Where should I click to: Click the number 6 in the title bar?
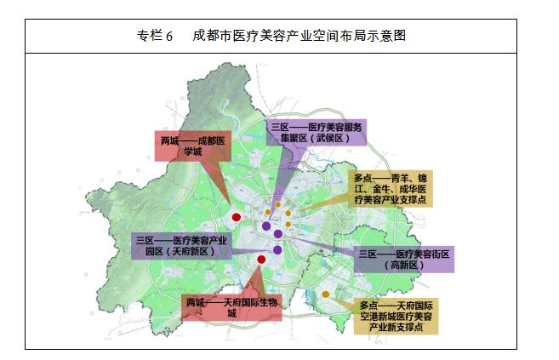click(x=169, y=37)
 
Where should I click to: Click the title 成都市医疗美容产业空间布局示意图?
click(x=299, y=37)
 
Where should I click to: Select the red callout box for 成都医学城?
click(x=192, y=146)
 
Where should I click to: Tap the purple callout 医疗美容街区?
click(x=404, y=260)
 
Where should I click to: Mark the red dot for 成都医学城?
click(x=237, y=217)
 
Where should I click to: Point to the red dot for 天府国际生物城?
click(x=261, y=259)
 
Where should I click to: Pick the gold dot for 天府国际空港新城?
click(x=325, y=294)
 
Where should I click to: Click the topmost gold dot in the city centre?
click(x=277, y=204)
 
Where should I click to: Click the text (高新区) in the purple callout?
click(x=403, y=266)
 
